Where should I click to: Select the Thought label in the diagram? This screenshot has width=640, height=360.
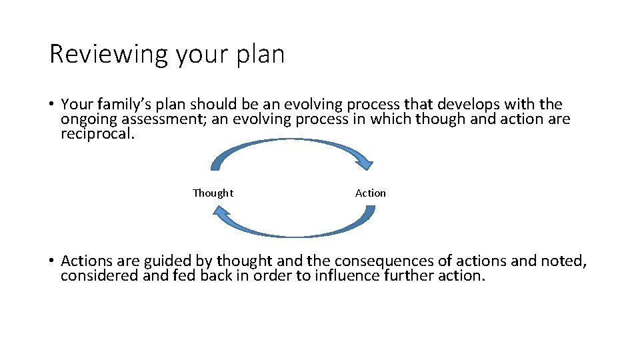point(213,193)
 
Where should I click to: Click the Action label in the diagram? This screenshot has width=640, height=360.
point(370,193)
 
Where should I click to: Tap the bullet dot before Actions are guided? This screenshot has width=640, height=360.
point(51,261)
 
